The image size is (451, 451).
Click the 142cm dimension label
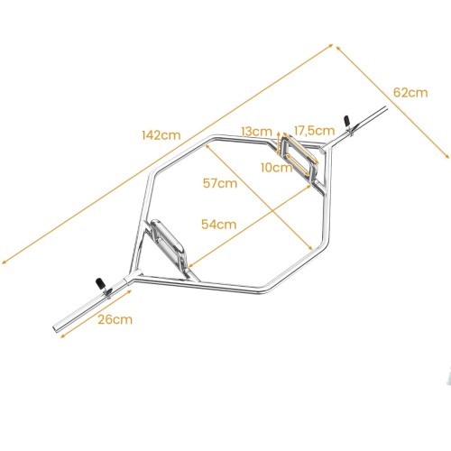coord(161,135)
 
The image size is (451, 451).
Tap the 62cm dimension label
coord(410,92)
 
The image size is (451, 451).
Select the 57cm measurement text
coord(220,183)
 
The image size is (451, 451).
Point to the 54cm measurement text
coord(219,225)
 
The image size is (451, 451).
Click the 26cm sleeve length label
coord(115,319)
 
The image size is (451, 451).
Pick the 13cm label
coord(256,132)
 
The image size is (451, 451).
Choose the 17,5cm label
coord(314,131)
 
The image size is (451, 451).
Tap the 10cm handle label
coord(277,168)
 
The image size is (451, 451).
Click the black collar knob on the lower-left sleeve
coord(99,283)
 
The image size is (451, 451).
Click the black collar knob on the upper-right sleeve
coord(346,120)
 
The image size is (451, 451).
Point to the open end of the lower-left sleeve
coord(55,327)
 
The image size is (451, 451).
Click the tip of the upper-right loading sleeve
coord(385,108)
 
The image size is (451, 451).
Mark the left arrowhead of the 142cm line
coord(3,262)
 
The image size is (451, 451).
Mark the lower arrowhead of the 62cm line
coord(447,156)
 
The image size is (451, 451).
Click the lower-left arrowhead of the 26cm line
coord(62,336)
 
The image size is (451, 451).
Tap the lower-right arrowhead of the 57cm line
coord(311,248)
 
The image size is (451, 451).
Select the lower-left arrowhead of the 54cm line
coord(190,265)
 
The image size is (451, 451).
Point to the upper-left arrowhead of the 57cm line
coord(207,145)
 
